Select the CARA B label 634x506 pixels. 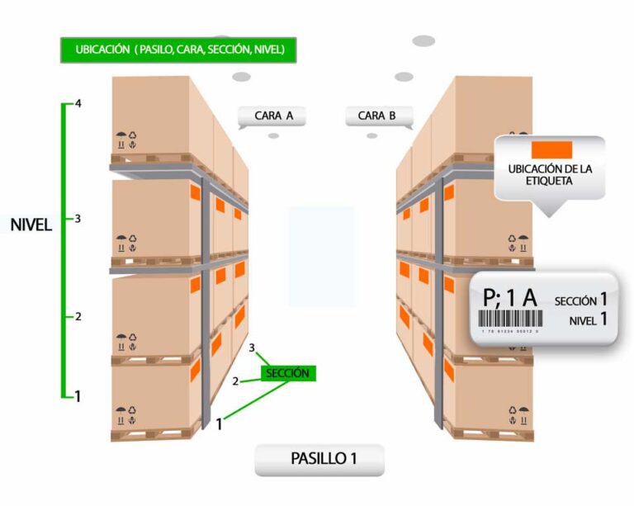pyautogui.click(x=377, y=116)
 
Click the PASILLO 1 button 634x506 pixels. pyautogui.click(x=319, y=458)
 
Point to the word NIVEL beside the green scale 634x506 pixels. pyautogui.click(x=31, y=225)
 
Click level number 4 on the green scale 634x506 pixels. pyautogui.click(x=78, y=105)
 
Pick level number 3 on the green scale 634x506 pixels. pyautogui.click(x=78, y=219)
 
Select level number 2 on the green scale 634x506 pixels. pyautogui.click(x=78, y=317)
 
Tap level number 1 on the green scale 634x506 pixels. pyautogui.click(x=78, y=396)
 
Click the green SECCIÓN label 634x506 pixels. pyautogui.click(x=287, y=373)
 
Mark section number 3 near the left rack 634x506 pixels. pyautogui.click(x=253, y=349)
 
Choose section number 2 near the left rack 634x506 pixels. pyautogui.click(x=235, y=381)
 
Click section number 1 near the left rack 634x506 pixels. pyautogui.click(x=220, y=425)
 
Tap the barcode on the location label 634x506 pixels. pyautogui.click(x=512, y=319)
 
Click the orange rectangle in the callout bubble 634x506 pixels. pyautogui.click(x=551, y=149)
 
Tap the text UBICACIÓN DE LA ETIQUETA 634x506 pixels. pyautogui.click(x=550, y=175)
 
